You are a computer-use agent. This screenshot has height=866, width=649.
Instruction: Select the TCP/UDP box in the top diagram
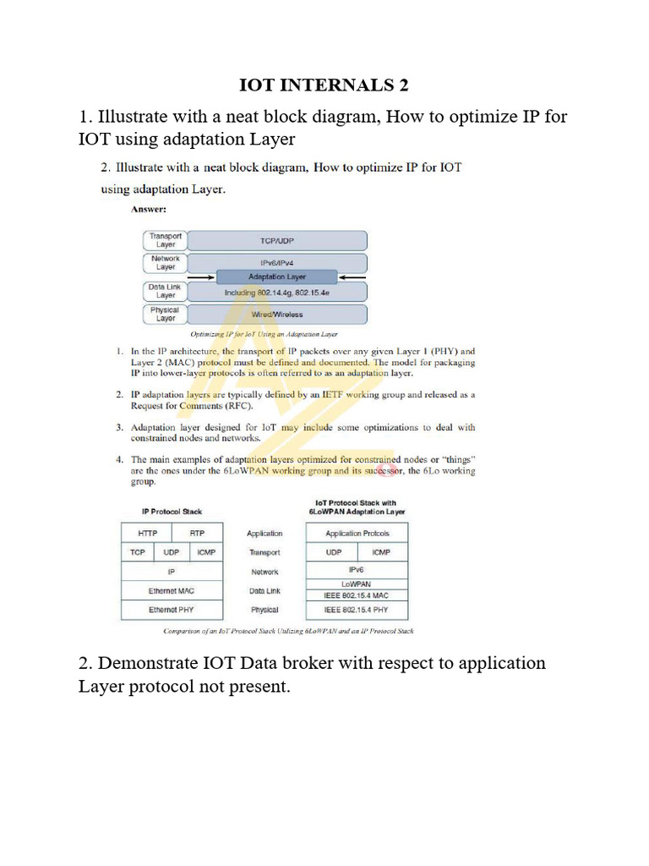click(276, 241)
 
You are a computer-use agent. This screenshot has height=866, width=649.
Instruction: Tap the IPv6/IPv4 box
click(276, 263)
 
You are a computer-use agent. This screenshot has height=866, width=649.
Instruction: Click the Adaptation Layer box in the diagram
click(277, 277)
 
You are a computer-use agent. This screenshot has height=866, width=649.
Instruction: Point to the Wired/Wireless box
click(276, 315)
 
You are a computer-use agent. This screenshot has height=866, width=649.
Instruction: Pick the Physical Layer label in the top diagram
click(165, 315)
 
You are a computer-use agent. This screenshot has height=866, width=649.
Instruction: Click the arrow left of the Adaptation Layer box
click(201, 277)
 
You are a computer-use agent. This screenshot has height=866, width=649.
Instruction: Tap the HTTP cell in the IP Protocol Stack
click(146, 534)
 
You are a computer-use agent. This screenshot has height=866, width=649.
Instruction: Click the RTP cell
click(197, 534)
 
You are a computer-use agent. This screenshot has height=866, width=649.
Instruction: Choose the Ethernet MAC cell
click(172, 590)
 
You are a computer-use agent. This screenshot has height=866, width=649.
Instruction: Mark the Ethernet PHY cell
click(172, 610)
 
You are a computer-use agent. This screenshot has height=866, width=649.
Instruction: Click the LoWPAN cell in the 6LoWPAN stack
click(356, 584)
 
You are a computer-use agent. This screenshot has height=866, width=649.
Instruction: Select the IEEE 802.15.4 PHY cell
click(356, 610)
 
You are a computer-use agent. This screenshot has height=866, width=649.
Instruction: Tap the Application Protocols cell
click(356, 534)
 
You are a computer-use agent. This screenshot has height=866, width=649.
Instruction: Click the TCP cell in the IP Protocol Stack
click(137, 552)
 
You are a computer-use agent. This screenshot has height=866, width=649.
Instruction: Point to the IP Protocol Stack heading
click(172, 512)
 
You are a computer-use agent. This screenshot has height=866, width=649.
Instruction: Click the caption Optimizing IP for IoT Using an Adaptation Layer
click(264, 334)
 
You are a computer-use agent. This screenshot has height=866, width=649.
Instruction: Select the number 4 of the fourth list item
click(120, 460)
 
